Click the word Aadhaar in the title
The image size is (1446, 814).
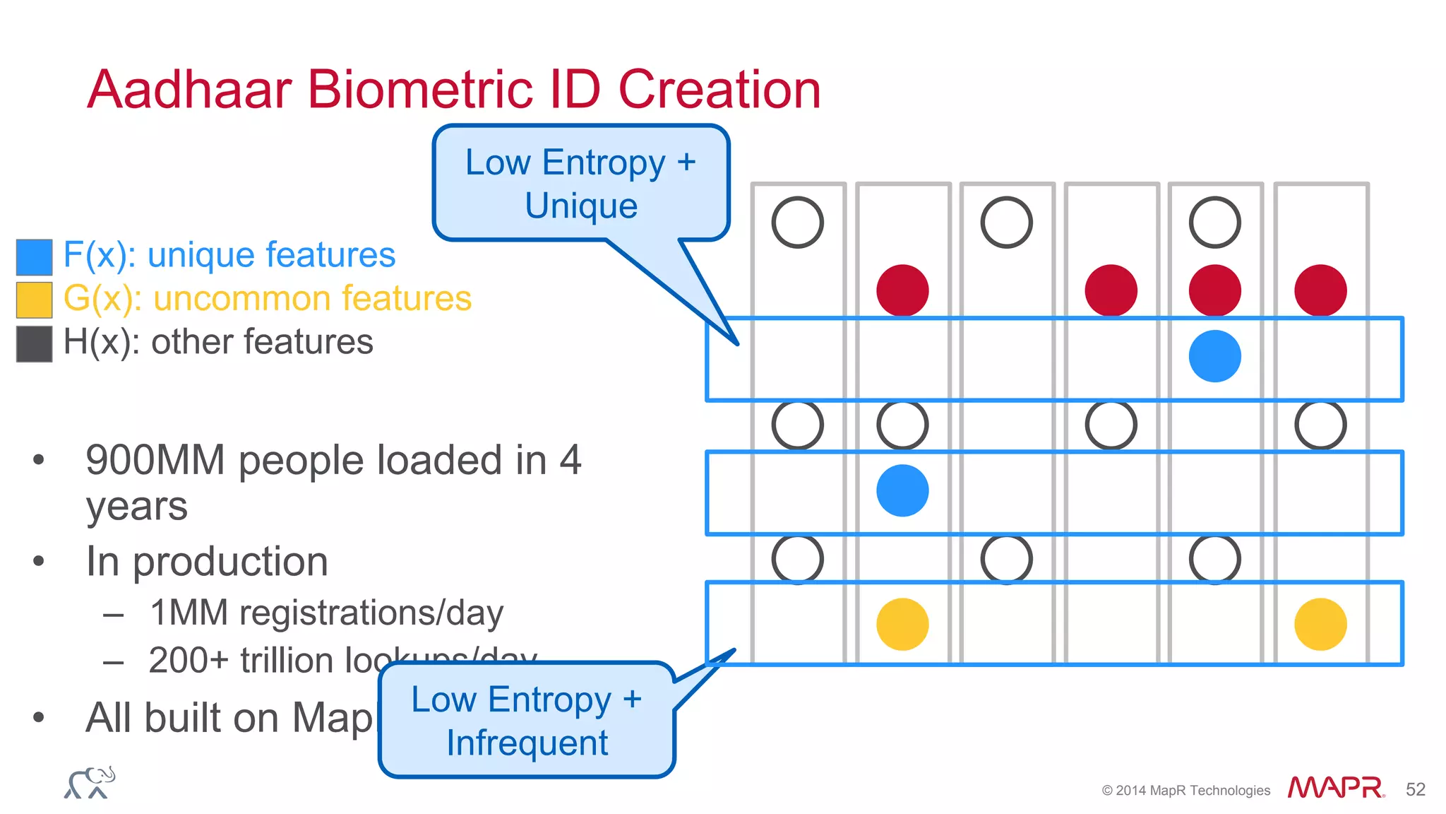(x=189, y=90)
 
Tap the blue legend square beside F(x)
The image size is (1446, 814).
(x=35, y=256)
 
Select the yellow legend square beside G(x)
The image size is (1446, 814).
(x=35, y=300)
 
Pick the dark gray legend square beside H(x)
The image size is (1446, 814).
(x=35, y=343)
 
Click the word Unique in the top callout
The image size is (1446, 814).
(x=580, y=206)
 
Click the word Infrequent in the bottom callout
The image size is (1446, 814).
(x=527, y=743)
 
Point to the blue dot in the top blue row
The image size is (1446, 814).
(x=1214, y=356)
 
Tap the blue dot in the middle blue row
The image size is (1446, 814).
(x=902, y=490)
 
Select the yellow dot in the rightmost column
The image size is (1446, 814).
(x=1320, y=624)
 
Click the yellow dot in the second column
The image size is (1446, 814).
(x=902, y=624)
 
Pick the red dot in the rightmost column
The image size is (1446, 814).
(x=1320, y=290)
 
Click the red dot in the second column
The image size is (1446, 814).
(x=902, y=290)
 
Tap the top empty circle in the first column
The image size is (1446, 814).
(x=798, y=223)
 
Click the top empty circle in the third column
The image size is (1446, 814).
(x=1006, y=223)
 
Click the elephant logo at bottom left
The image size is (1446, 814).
(x=90, y=783)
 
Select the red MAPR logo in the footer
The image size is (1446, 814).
(x=1335, y=788)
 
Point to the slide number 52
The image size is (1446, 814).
(x=1415, y=789)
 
